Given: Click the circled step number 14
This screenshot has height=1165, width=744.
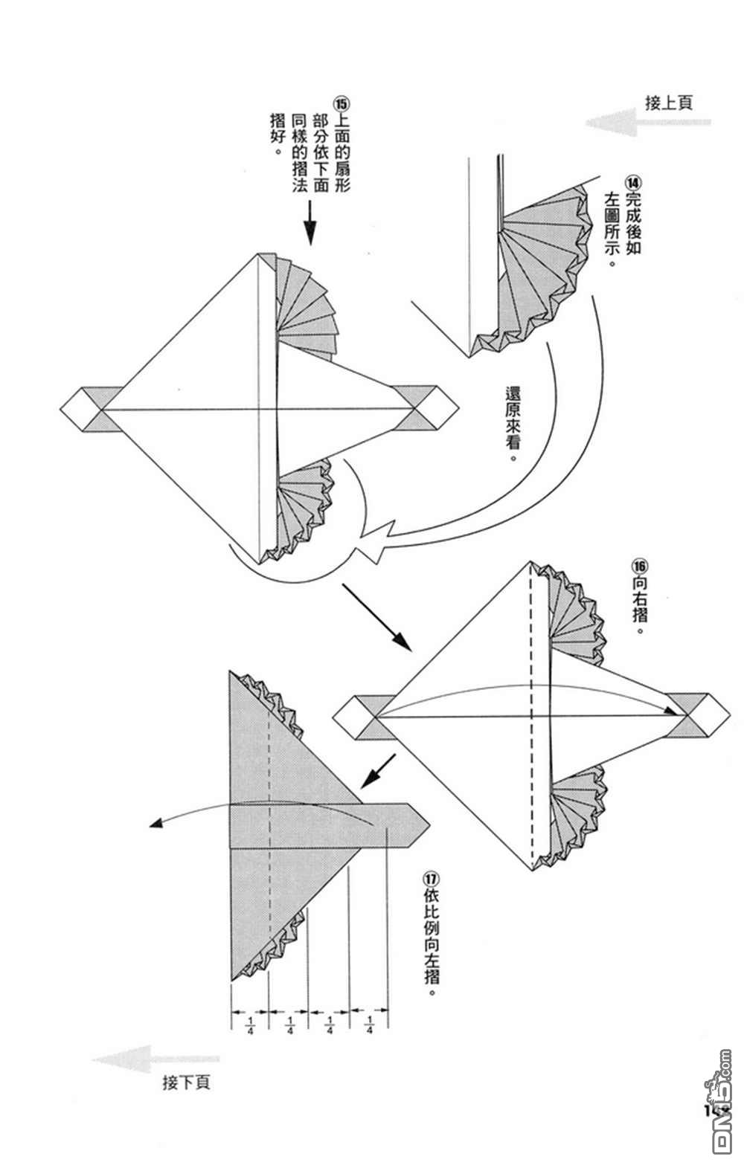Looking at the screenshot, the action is point(633,184).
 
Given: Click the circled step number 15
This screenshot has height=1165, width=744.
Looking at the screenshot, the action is point(342,103).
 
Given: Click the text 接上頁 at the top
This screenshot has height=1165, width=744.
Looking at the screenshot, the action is point(669,103).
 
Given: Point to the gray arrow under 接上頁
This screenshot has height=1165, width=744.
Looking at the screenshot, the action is point(648,123).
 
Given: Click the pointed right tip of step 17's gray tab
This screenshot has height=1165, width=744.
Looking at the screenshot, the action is point(429,825).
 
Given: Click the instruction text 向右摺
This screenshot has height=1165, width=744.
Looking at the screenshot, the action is point(640,605).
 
